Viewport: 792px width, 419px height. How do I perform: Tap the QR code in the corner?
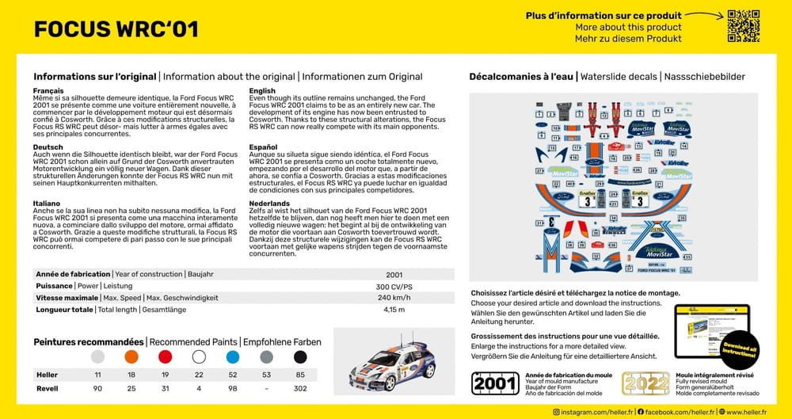743,25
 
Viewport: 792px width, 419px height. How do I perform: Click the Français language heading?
48,91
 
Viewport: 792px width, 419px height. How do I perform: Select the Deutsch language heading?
48,147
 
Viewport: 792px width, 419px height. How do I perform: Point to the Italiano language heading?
47,204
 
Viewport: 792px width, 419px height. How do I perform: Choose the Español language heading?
263,147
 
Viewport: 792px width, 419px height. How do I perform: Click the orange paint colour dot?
131,357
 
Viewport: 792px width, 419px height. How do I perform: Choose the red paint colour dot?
166,357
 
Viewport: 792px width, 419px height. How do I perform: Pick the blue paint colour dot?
233,357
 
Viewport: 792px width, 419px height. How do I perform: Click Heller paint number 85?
300,374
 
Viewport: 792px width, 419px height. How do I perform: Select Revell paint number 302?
300,389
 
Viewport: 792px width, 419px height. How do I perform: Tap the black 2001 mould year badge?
495,383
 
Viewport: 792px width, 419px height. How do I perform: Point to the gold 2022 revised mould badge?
645,383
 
